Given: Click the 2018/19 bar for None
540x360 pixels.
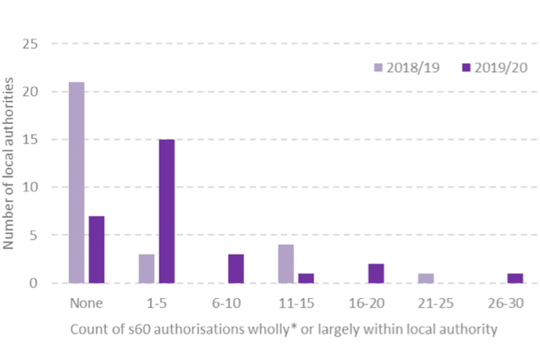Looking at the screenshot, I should click(x=77, y=183).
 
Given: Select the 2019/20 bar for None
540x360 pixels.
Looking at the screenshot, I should click(x=97, y=250).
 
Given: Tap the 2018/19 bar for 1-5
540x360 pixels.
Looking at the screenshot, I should click(x=146, y=269).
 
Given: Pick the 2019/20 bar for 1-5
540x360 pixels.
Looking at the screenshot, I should click(x=166, y=211).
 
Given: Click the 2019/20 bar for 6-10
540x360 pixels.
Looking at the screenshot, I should click(x=236, y=269).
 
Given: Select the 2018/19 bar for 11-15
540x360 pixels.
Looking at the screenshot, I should click(x=286, y=264).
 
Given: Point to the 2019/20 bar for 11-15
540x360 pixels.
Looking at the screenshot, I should click(x=306, y=278).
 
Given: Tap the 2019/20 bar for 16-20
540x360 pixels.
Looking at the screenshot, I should click(x=376, y=273).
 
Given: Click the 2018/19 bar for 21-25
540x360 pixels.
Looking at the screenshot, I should click(x=425, y=278).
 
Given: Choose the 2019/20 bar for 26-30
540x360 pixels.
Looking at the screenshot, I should click(x=515, y=278).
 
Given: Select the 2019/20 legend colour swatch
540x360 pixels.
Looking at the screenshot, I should click(x=466, y=68).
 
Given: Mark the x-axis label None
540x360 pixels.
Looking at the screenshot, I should click(x=87, y=304).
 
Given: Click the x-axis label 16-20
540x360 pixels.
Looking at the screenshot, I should click(x=366, y=304).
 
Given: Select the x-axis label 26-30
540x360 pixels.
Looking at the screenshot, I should click(x=506, y=304).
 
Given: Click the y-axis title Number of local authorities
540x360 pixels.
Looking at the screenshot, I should click(x=10, y=163).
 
